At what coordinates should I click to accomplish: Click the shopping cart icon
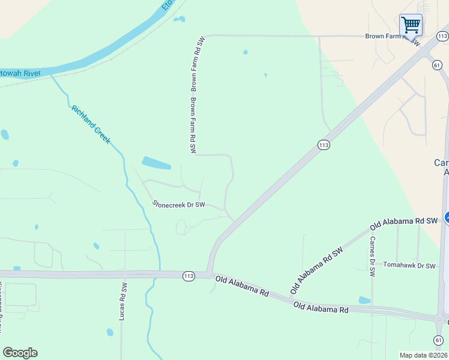tap(411, 25)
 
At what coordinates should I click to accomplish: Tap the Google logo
tap(20, 353)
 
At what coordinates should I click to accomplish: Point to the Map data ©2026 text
tap(423, 355)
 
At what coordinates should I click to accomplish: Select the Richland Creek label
tap(91, 124)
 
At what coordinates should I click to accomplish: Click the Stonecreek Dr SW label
tap(179, 205)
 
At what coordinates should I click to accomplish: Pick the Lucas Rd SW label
tap(124, 300)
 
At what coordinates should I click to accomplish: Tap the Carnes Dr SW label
tap(372, 256)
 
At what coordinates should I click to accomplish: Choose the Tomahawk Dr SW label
tap(409, 265)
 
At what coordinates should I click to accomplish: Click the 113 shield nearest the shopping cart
tap(442, 37)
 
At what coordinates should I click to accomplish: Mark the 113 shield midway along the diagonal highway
tap(324, 145)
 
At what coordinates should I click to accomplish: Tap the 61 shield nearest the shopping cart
tap(437, 65)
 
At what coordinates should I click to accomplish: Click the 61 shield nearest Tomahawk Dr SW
tap(439, 340)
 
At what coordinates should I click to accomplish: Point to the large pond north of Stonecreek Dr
tap(155, 163)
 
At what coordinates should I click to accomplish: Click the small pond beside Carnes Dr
tap(364, 300)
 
